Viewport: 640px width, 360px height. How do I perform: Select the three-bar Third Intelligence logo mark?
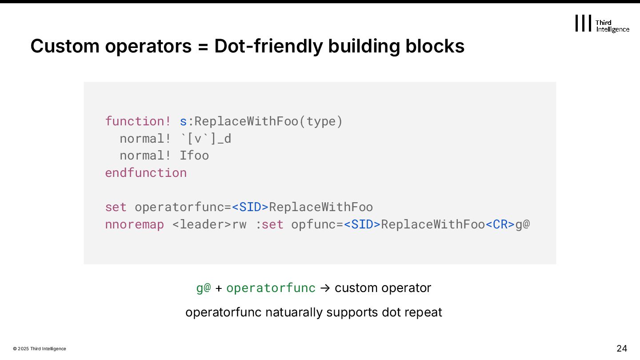click(583, 23)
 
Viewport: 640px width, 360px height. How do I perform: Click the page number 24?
click(622, 348)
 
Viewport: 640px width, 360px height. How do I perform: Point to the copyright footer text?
click(40, 349)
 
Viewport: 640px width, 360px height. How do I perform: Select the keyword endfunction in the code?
click(146, 172)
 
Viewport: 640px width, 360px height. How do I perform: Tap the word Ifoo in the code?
click(194, 156)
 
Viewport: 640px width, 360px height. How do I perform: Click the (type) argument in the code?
click(321, 121)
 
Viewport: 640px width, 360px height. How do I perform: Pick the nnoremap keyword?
click(135, 224)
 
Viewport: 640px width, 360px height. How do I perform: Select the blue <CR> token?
click(500, 224)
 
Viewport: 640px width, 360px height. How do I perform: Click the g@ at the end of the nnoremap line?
click(523, 224)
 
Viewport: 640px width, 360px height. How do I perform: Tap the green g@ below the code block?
click(203, 288)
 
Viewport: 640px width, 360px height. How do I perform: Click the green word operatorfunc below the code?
click(271, 288)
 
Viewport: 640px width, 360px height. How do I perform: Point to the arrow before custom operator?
click(324, 288)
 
